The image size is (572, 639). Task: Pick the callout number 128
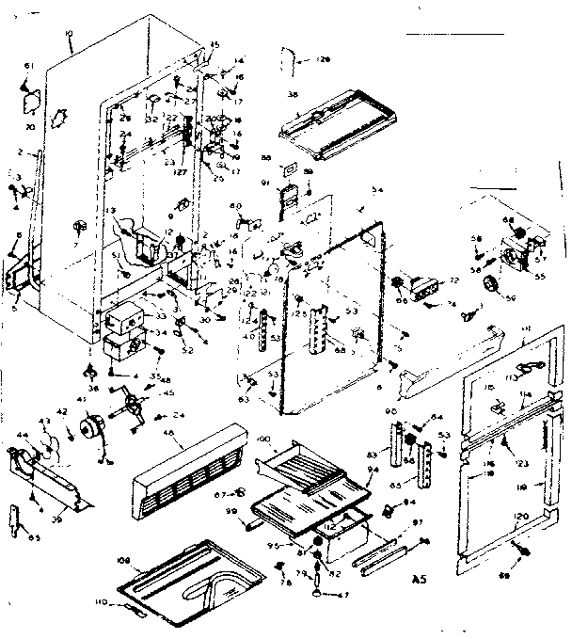coord(325,59)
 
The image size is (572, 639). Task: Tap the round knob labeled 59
coord(489,299)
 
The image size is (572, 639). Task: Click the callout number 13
coord(110,211)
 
